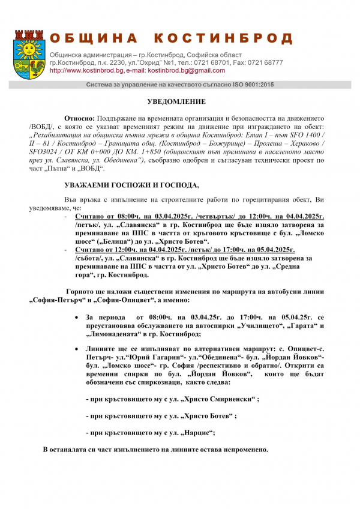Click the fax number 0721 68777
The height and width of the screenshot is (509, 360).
point(265,62)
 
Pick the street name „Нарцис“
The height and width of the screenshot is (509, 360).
point(193,432)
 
